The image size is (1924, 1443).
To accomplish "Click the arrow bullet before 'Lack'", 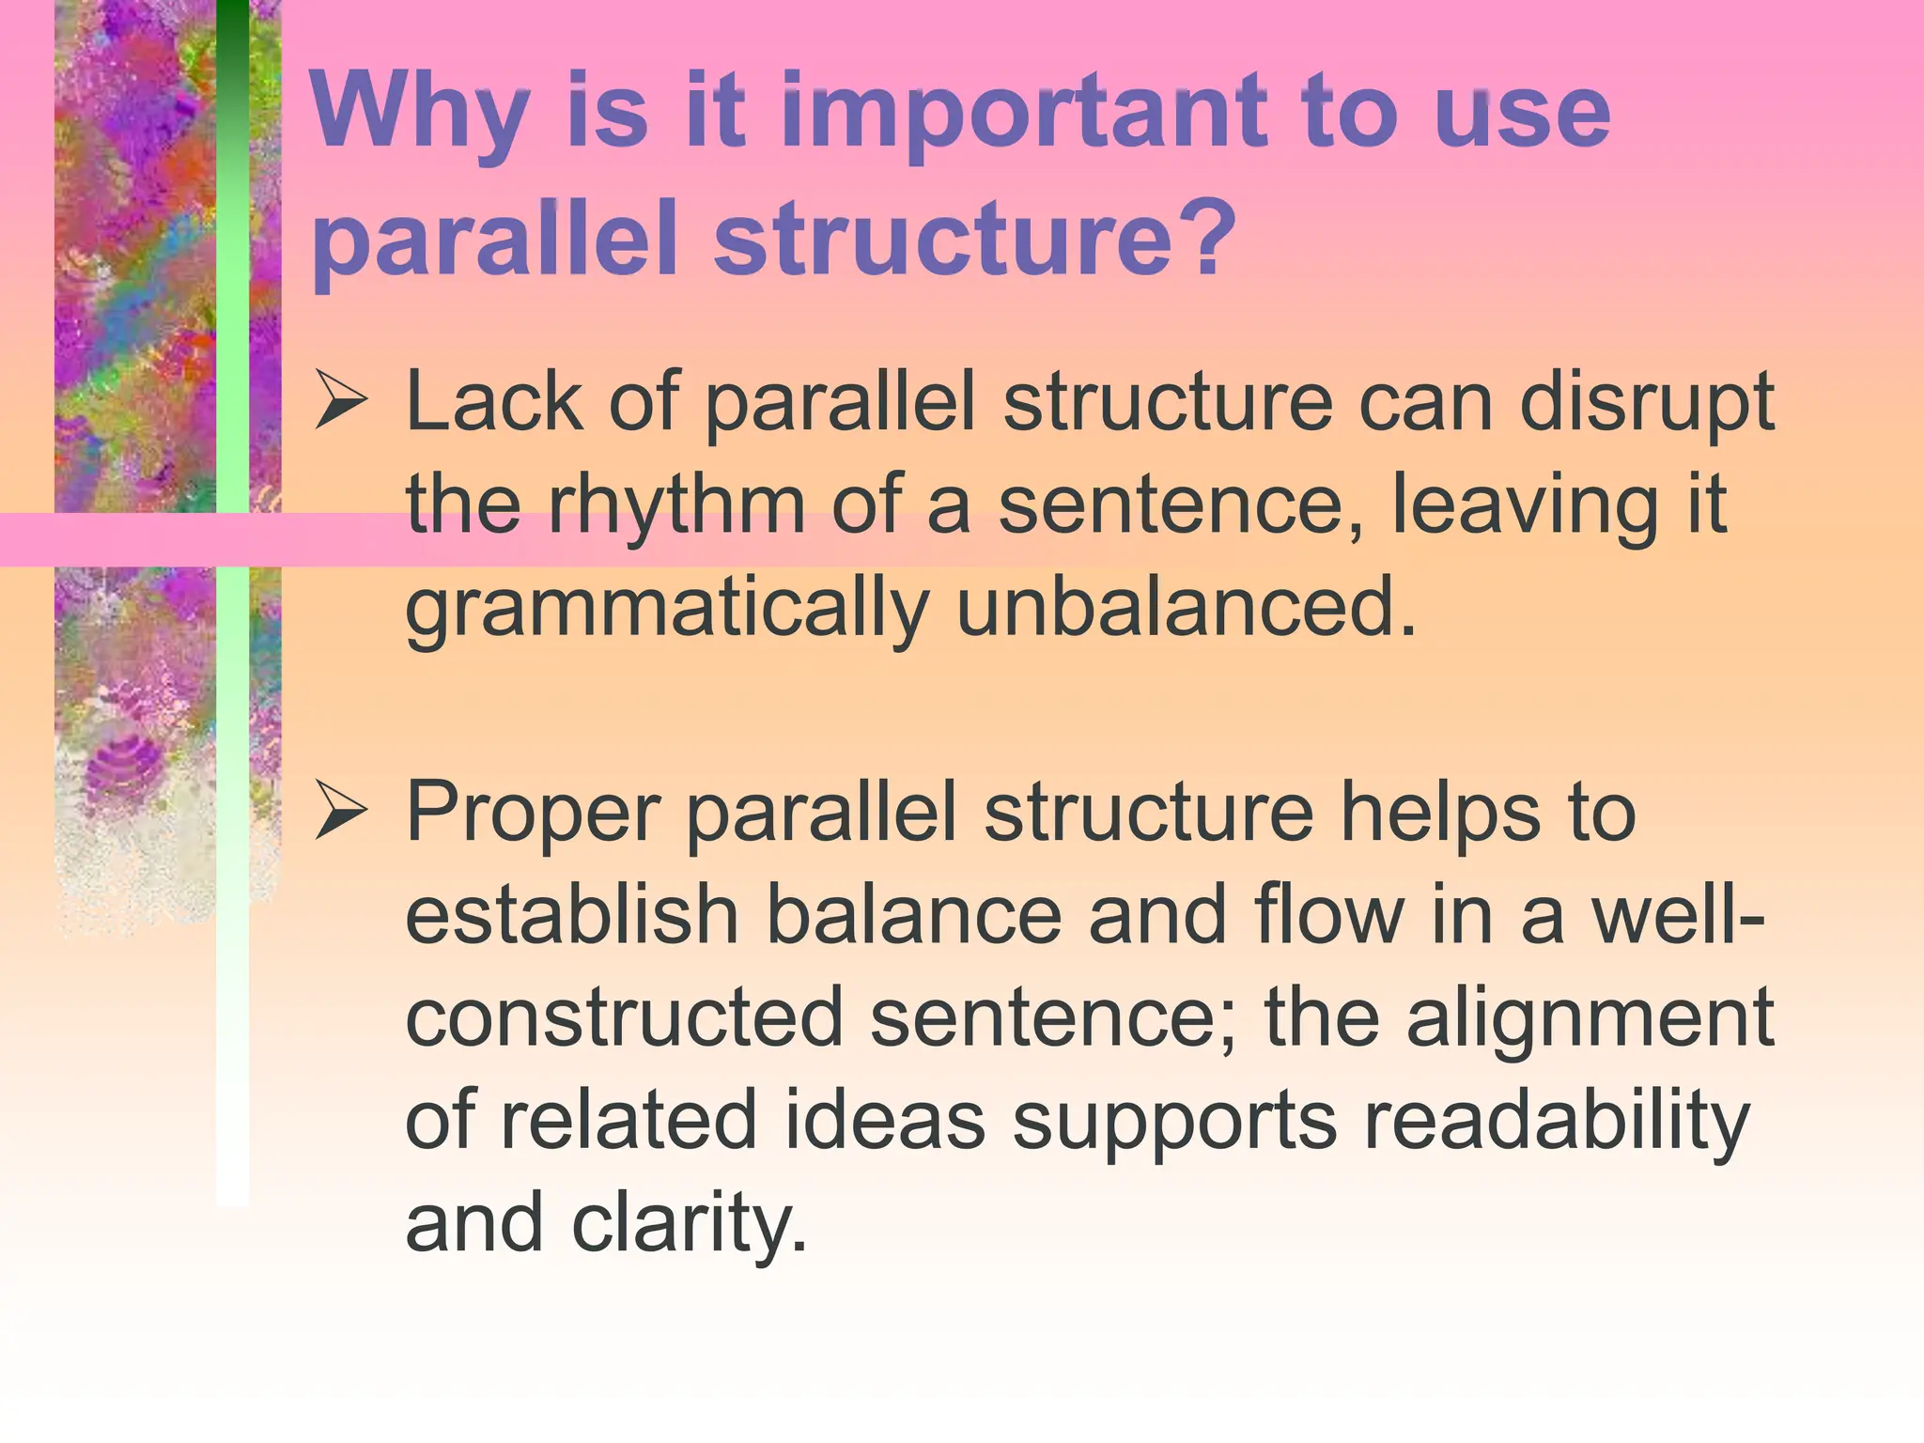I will point(340,401).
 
